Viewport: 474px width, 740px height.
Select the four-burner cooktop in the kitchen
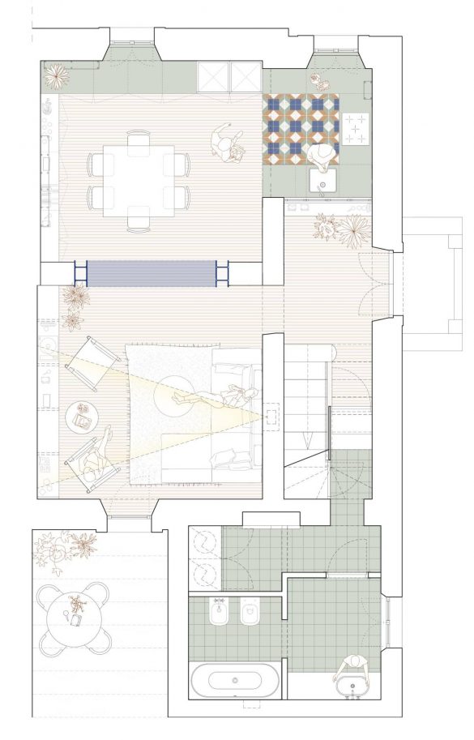[x=356, y=128]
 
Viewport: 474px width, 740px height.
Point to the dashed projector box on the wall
[x=273, y=417]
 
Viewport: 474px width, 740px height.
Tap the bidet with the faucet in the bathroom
[x=219, y=616]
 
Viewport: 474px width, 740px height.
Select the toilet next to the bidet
[x=250, y=616]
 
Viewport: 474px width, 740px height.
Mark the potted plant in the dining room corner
[x=57, y=76]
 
